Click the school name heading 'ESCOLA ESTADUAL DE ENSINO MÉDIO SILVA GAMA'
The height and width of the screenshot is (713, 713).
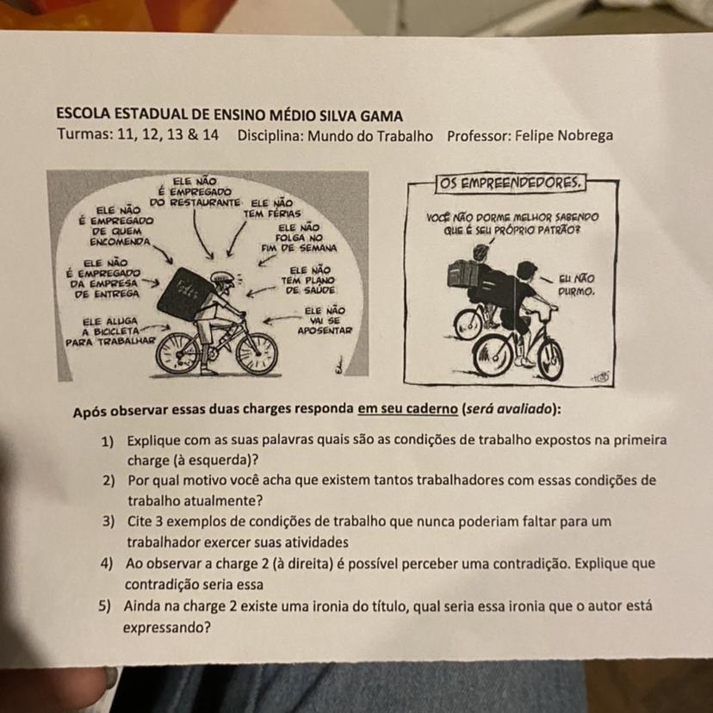[229, 115]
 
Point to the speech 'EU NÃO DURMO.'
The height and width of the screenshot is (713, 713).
[576, 285]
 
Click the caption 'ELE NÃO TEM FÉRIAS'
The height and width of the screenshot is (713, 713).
[273, 208]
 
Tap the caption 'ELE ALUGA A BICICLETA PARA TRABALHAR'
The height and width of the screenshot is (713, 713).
[110, 330]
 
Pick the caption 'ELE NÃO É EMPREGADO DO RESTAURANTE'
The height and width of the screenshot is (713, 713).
[195, 192]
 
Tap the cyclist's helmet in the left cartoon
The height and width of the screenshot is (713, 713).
[222, 277]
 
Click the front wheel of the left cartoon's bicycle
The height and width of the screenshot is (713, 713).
[256, 353]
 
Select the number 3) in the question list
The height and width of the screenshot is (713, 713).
[108, 522]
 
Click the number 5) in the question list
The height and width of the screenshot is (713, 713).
[105, 607]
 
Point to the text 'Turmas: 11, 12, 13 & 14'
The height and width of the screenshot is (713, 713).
[138, 136]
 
